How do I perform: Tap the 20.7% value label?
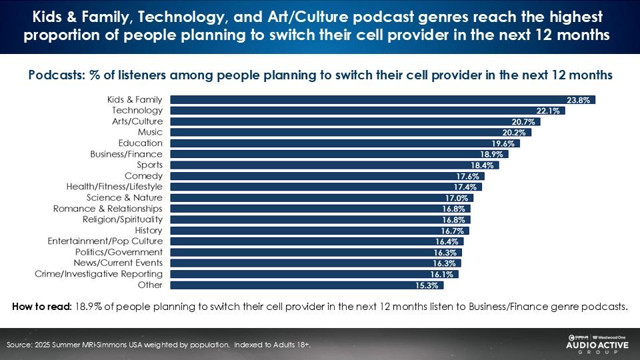(527, 122)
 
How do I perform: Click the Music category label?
(150, 132)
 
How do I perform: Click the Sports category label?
(149, 165)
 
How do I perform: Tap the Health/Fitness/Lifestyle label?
(114, 187)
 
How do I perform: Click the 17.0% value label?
(460, 198)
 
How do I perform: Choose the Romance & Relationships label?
(107, 209)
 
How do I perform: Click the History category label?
(149, 230)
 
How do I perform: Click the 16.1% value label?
(445, 274)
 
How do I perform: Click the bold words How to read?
(42, 307)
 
